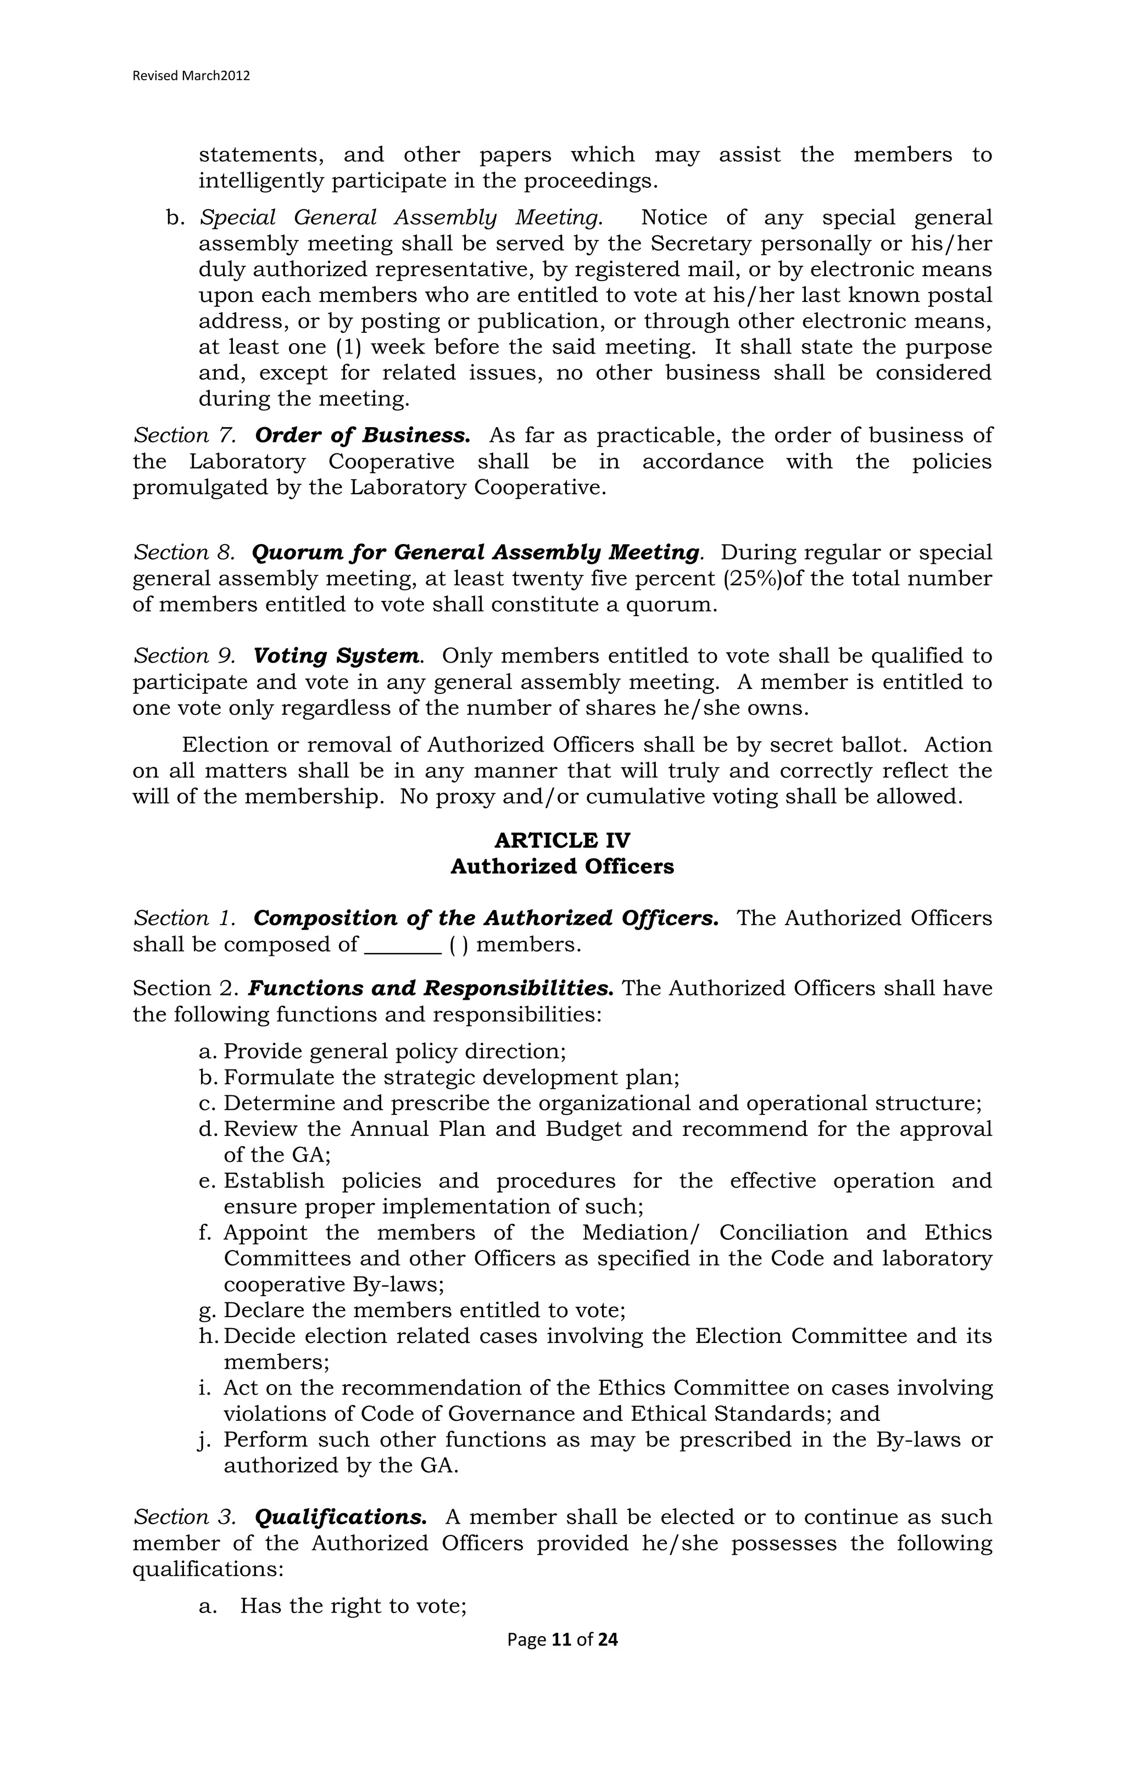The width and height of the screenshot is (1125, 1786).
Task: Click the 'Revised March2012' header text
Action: [x=191, y=76]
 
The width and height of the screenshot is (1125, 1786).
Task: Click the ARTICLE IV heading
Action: [x=562, y=841]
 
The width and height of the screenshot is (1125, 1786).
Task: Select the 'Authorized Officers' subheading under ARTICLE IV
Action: [x=562, y=866]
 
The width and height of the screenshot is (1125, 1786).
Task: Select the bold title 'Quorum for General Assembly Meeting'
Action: [x=475, y=552]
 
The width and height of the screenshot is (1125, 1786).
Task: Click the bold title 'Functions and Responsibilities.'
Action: [x=431, y=989]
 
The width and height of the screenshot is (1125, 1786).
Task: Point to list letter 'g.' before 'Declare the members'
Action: [x=207, y=1311]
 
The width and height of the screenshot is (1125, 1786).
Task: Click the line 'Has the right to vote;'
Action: [x=353, y=1606]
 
